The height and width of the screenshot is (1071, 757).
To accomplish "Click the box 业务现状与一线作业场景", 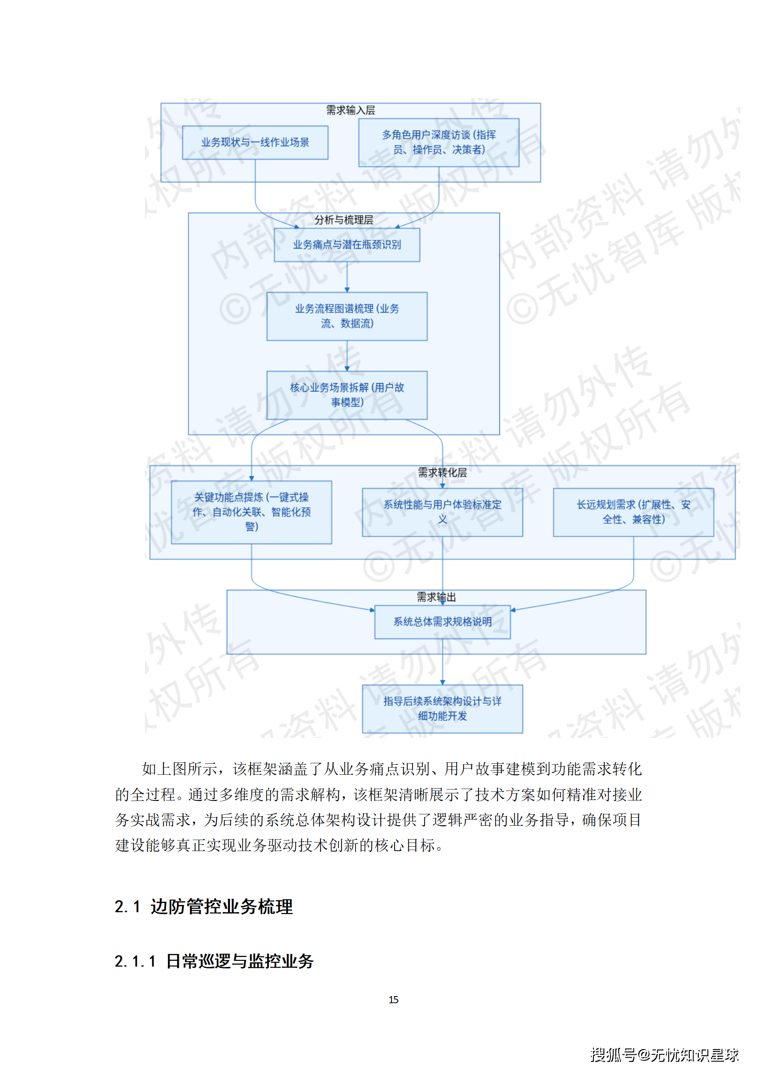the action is coord(255,142).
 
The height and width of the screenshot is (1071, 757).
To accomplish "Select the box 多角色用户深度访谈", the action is coord(438,142).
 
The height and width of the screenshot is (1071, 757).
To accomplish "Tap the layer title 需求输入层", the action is coord(350,110).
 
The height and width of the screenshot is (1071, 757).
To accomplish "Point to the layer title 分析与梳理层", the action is coord(343,220).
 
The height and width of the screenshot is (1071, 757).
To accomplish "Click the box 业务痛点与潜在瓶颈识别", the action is coord(347,245).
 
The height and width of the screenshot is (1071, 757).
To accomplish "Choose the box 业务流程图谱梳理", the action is coord(347,316).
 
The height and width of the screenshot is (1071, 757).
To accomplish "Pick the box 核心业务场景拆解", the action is coord(347,395).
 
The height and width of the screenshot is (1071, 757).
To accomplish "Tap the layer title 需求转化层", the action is coord(442,473).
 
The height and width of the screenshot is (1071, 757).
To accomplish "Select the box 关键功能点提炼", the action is coord(251,512).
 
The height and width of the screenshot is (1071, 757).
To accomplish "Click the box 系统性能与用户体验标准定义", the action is coord(442,512).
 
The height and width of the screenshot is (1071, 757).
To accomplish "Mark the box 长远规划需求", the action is coord(633,512).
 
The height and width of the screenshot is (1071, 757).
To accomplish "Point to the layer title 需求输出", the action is coord(436,597).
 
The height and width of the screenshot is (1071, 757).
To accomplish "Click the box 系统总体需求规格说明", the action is coord(442,622).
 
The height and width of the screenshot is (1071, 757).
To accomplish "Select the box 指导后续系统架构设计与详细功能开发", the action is coord(442,708).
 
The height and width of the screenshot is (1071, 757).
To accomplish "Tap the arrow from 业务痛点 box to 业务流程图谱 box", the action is coord(347,277).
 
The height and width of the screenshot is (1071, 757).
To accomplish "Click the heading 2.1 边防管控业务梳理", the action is coord(204,906).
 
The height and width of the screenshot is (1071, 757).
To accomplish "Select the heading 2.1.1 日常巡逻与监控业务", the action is coord(214,961).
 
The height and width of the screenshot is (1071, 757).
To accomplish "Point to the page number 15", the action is coord(393,999).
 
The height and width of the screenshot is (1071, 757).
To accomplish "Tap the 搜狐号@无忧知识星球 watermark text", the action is coord(664,1054).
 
